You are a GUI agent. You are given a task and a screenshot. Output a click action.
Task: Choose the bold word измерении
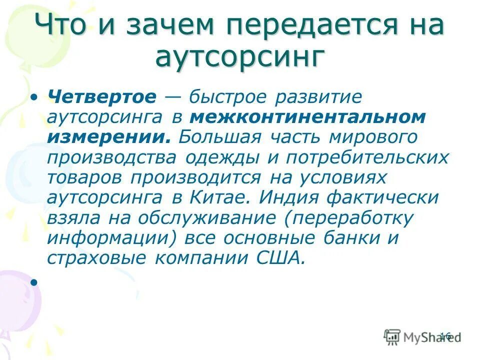point(108,137)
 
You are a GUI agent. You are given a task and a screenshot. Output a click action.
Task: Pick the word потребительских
point(367,157)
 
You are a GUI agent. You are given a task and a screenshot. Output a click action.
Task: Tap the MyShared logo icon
point(392,336)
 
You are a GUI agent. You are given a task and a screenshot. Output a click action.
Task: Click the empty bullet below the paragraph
point(34,282)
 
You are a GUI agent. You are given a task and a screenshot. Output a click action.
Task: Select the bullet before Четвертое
point(34,96)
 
